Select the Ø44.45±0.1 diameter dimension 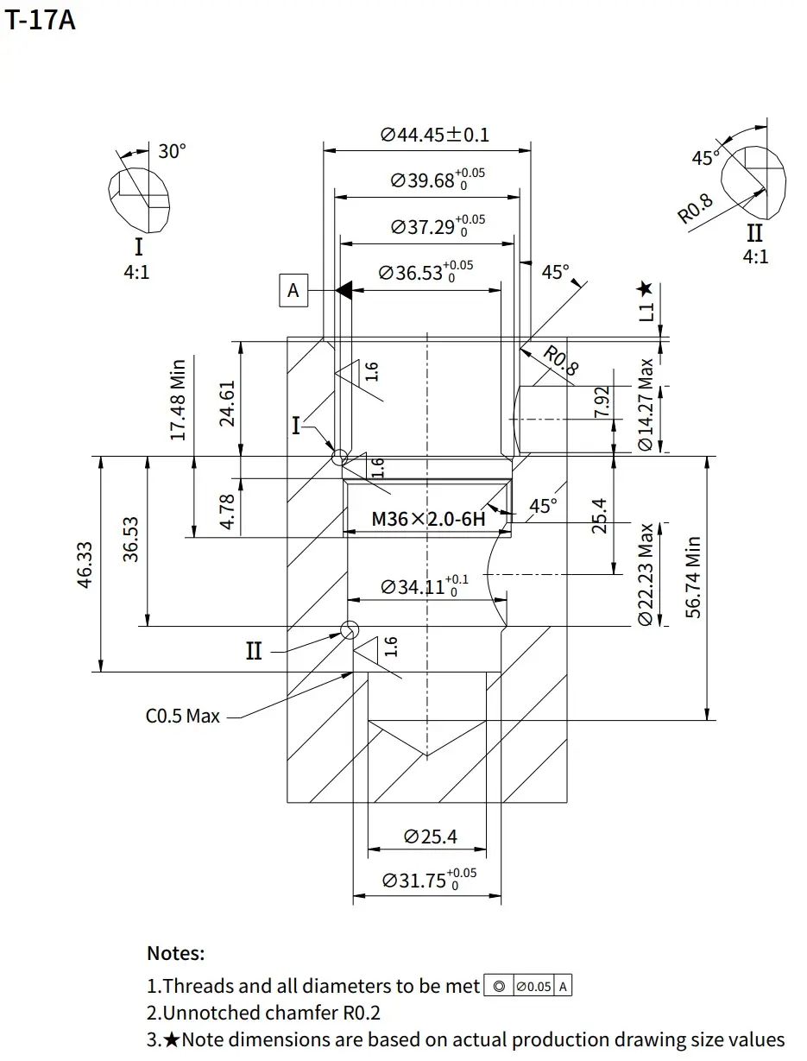pos(434,135)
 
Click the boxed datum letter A pos(293,291)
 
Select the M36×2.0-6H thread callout pos(428,520)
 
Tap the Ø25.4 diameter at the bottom pos(431,837)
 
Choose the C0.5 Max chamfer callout pos(183,716)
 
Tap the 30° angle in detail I pos(172,151)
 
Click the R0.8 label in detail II pos(696,209)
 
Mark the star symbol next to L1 pos(645,289)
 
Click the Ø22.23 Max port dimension pos(646,574)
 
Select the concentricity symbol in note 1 pos(498,986)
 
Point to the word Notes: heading pos(176,954)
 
